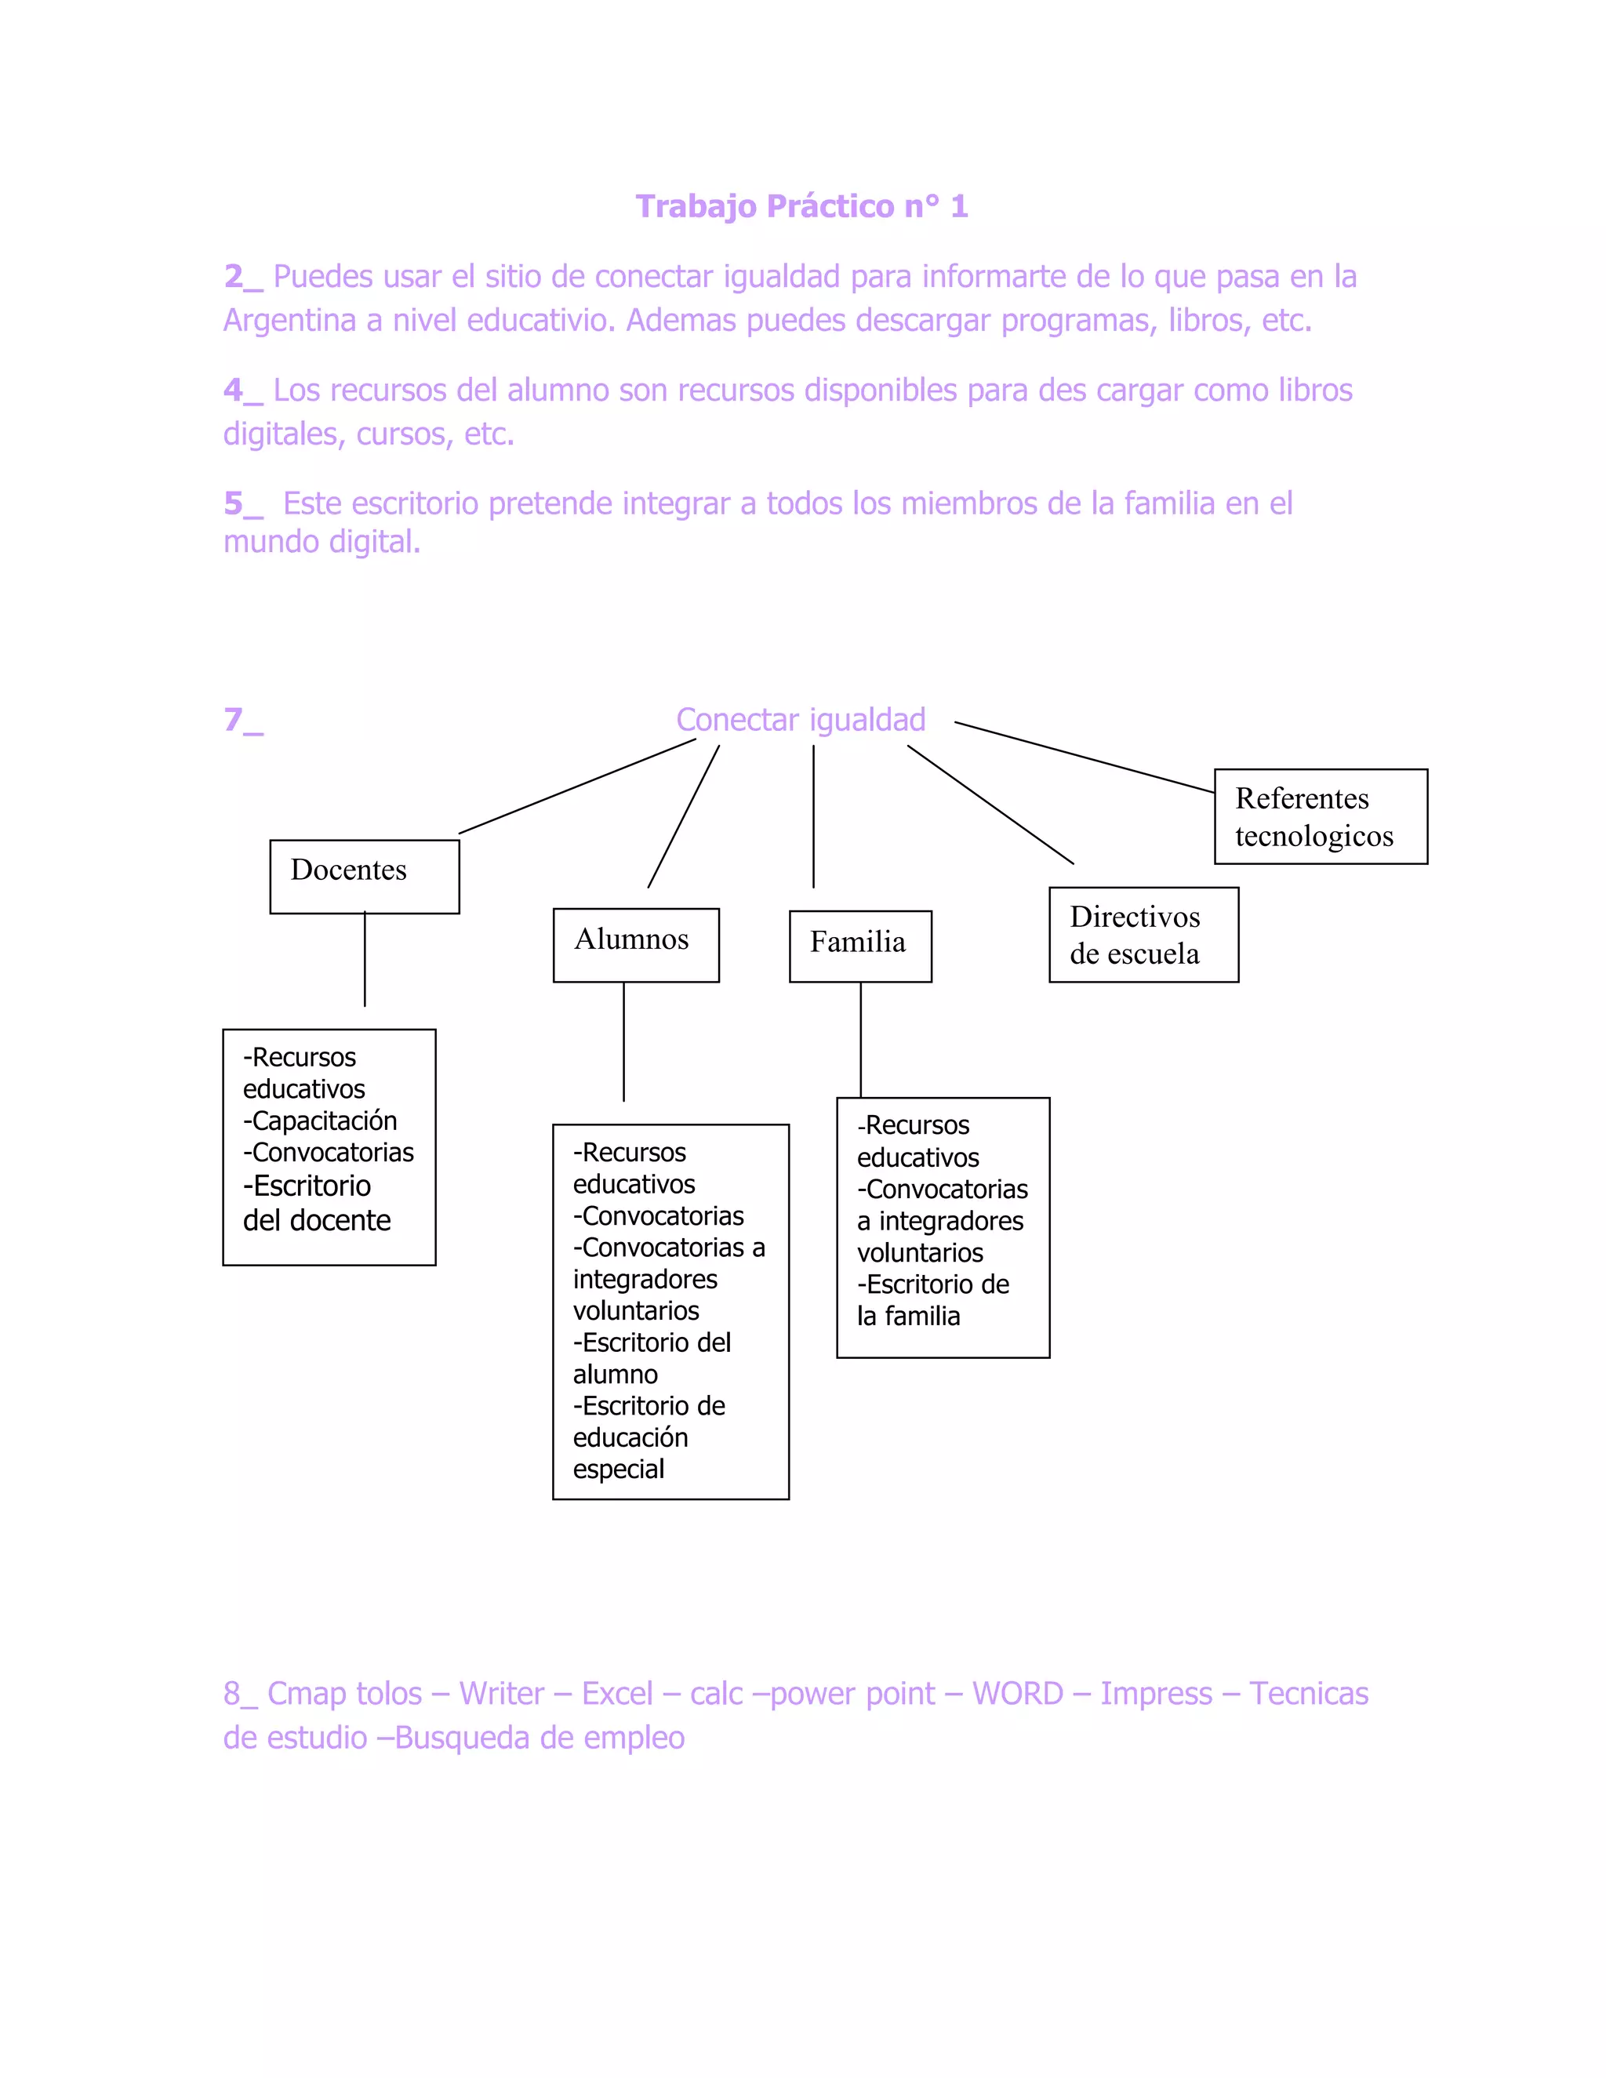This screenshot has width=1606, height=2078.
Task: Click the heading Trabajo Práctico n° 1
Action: tap(801, 206)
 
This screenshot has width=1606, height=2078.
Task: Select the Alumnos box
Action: tap(635, 944)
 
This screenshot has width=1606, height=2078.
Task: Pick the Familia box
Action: tap(860, 946)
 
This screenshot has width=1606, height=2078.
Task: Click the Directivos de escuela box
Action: tap(1143, 935)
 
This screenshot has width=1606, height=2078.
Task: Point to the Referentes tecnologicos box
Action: tap(1320, 816)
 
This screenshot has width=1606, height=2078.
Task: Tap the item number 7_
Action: tap(242, 721)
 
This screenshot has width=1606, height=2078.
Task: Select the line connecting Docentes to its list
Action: tap(365, 959)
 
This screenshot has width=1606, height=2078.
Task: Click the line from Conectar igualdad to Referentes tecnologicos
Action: tap(1085, 757)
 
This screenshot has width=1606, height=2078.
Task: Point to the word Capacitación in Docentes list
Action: tap(324, 1121)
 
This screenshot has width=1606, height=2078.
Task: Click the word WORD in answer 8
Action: tap(1017, 1694)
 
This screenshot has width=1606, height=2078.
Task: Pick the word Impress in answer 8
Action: tap(1156, 1694)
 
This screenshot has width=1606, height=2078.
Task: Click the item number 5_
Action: tap(242, 504)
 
